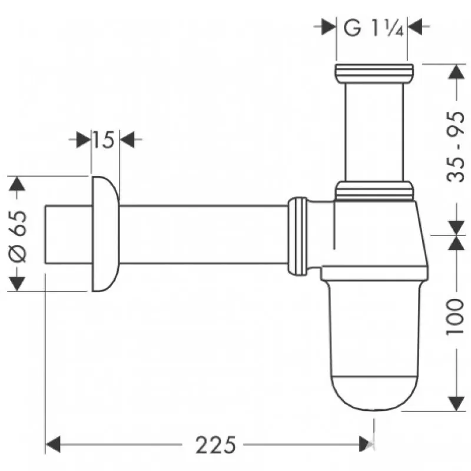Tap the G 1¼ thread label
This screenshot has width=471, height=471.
click(373, 27)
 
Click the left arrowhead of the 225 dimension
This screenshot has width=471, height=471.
click(54, 443)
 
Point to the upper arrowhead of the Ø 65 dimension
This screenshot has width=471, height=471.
click(18, 184)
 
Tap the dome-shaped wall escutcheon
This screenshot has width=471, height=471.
click(104, 233)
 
